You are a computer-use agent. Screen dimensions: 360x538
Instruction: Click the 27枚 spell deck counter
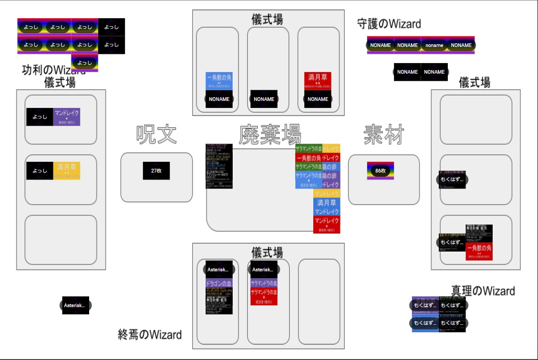pos(156,171)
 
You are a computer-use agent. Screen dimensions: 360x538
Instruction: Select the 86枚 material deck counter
pos(381,171)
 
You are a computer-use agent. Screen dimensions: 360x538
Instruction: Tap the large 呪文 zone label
pos(156,135)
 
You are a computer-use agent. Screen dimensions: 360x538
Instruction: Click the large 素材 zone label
pos(384,135)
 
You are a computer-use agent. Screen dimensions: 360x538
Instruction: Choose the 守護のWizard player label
pos(389,24)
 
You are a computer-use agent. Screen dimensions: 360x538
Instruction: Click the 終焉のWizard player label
pos(150,335)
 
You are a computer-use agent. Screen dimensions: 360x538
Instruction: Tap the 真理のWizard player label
pos(483,291)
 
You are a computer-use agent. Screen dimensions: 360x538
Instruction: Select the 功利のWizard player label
pos(53,70)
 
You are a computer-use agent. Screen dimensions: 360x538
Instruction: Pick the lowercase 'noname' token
pos(434,45)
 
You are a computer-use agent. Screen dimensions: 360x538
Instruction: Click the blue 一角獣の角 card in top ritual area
pos(219,80)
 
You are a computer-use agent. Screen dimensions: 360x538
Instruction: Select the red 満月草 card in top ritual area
pos(318,80)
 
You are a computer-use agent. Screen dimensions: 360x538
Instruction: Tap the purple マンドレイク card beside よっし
pos(67,117)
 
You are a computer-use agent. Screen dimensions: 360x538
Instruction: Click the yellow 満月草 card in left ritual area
pos(67,170)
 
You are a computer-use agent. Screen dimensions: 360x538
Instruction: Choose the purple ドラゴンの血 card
pos(219,283)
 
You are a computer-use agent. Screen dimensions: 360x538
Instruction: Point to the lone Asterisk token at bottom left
pos(75,306)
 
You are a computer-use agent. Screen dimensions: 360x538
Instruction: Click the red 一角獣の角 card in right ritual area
pos(479,251)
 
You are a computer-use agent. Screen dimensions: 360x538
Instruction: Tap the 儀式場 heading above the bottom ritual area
pos(267,253)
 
